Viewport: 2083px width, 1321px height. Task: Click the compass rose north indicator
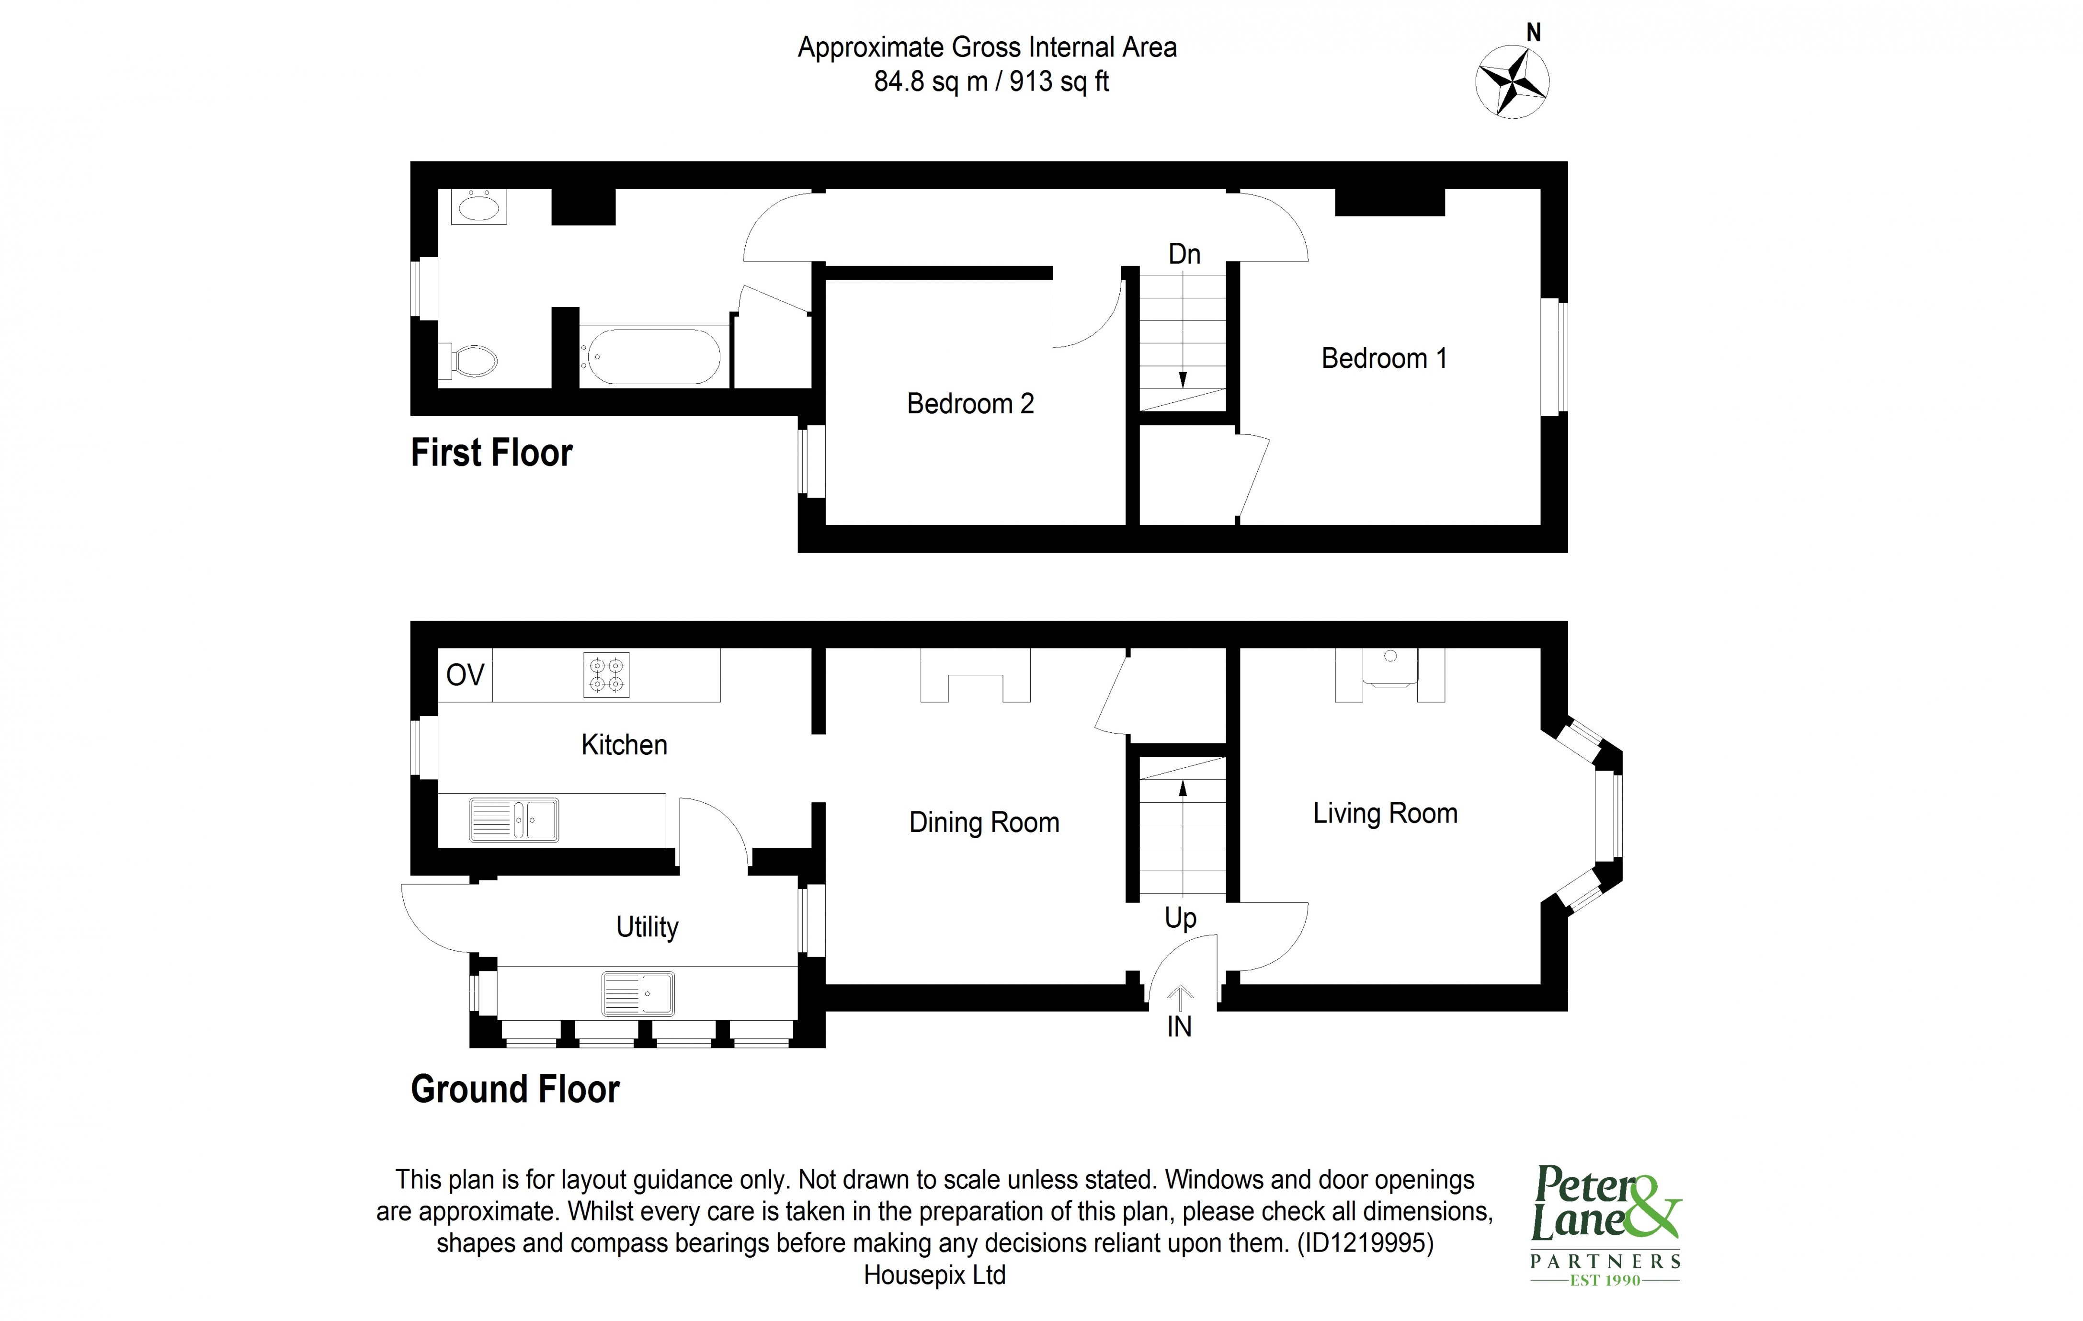point(1512,82)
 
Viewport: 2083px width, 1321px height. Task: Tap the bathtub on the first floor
point(650,355)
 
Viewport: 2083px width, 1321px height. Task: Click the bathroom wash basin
point(478,207)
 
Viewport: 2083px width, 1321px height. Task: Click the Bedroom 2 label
point(970,403)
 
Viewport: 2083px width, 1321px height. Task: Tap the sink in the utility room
point(638,994)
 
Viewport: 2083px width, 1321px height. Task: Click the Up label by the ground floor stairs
point(1180,917)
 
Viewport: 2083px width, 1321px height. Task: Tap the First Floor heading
point(491,453)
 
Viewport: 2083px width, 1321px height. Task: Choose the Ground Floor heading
point(515,1089)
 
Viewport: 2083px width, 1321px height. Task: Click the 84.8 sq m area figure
point(930,81)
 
